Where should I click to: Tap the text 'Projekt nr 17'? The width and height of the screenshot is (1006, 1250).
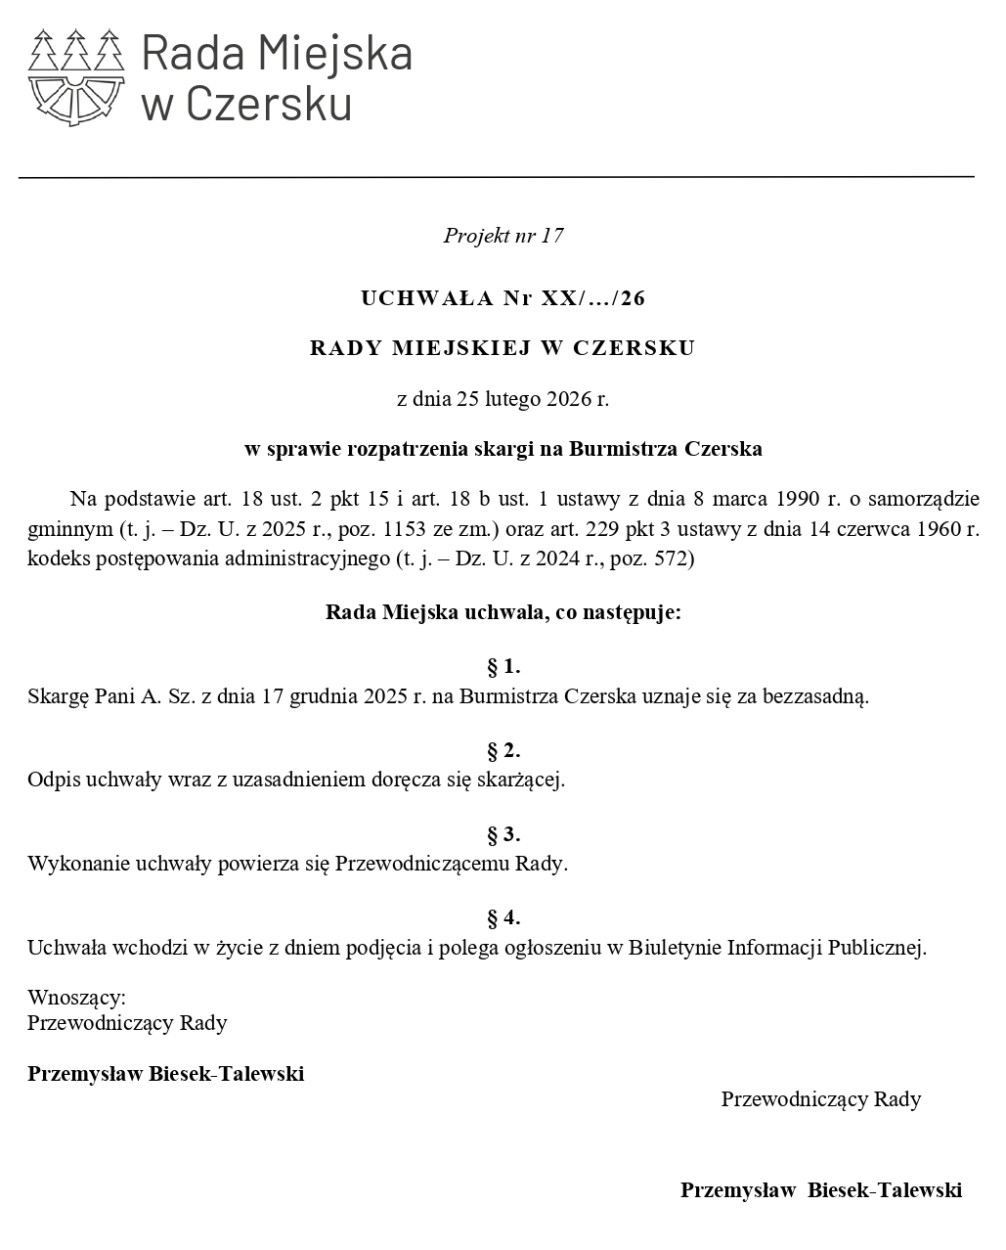coord(503,236)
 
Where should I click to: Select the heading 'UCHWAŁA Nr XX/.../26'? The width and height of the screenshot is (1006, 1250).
coord(503,298)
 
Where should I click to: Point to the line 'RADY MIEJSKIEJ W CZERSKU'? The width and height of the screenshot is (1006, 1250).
coord(503,348)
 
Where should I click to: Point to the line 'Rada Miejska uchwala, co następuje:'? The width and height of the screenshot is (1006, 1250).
coord(503,613)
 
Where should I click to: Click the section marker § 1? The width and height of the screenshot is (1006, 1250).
coord(503,668)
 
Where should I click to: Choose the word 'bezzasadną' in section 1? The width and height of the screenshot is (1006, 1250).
coord(816,697)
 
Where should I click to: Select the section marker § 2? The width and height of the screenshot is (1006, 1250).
coord(503,751)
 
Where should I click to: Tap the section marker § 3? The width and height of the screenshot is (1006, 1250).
coord(503,835)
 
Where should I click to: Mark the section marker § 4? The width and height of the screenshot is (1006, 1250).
coord(503,918)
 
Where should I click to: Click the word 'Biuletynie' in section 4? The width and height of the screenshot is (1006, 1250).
coord(676,948)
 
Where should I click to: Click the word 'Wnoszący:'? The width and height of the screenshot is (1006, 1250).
coord(76,998)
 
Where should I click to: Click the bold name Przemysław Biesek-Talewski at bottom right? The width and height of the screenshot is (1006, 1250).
coord(821,1190)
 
